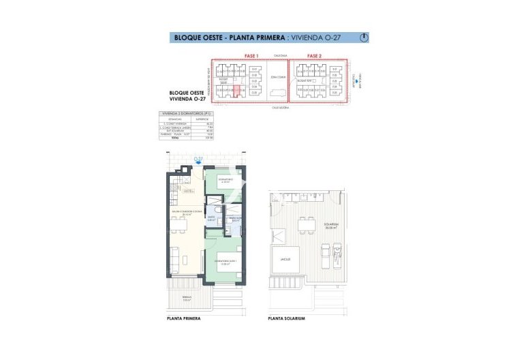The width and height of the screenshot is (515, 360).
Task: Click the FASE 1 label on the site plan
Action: pos(252,55)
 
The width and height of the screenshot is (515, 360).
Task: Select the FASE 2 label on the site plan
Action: pos(314,55)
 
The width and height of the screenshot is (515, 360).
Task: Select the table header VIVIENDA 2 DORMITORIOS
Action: pos(181,113)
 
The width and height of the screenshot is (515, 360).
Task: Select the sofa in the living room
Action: pos(174,258)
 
